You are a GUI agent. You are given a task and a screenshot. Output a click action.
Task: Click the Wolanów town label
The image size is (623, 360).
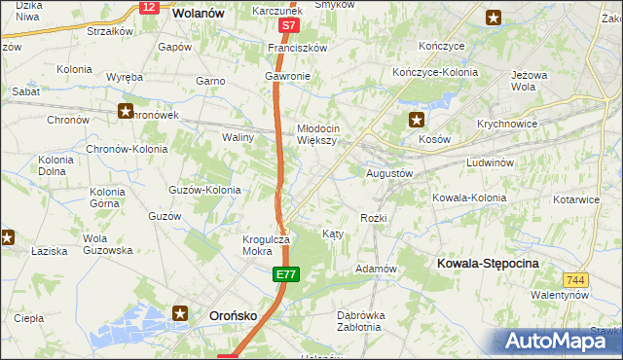coord(198,14)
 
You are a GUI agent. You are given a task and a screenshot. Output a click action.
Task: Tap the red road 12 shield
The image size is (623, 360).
coord(148,7)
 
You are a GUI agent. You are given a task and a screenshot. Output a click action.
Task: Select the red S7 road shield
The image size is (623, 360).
coord(286,24)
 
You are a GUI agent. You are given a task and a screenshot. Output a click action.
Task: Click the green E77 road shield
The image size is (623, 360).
coord(285,276)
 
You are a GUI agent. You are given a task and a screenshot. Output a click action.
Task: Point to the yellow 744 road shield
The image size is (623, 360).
coord(575,279)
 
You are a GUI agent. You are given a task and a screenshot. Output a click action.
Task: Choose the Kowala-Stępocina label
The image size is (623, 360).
coord(489,264)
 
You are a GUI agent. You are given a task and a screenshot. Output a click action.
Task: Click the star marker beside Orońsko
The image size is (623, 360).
coord(181,313)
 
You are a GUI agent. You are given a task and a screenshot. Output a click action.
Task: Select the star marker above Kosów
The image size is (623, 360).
coord(417,121)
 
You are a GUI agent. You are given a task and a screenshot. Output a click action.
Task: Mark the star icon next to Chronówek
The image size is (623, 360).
coord(126,111)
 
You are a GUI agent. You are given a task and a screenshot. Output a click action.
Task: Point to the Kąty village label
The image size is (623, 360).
coord(332,234)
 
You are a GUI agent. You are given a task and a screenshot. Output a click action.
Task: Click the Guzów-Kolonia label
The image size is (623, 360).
coord(205,190)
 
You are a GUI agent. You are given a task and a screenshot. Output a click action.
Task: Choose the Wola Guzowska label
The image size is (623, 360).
coord(107,244)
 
